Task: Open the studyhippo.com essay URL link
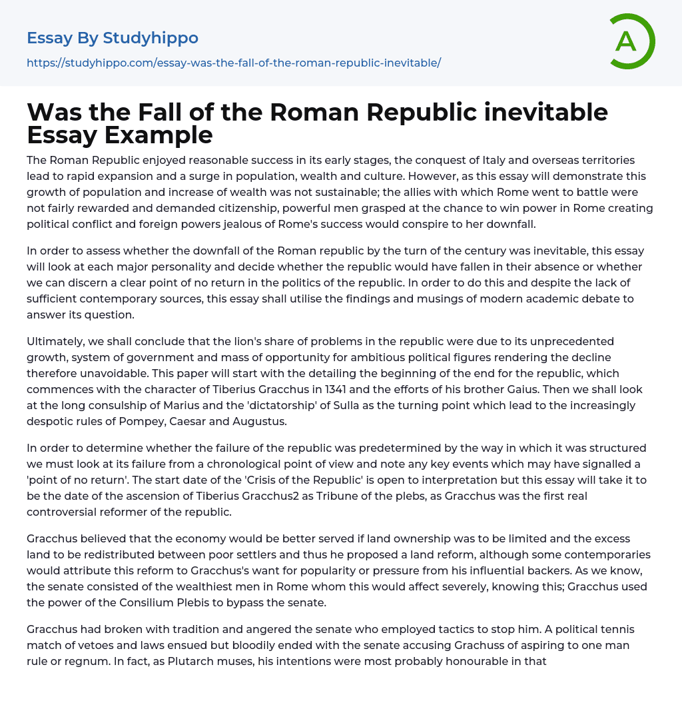point(234,63)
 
